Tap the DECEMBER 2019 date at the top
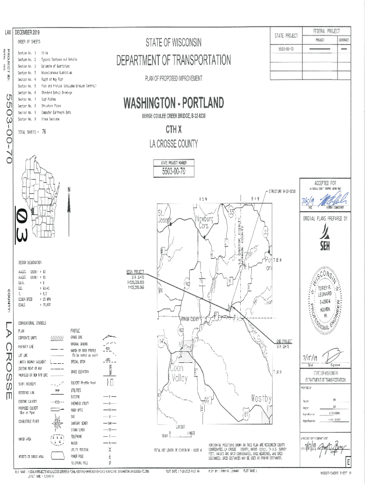point(28,32)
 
